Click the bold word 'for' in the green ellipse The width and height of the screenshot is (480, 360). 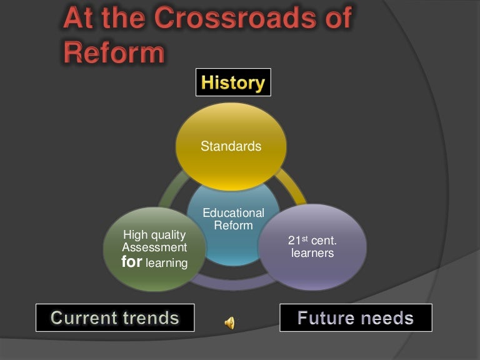tap(131, 262)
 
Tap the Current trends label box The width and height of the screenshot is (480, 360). tap(115, 317)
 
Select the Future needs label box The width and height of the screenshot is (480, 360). tap(356, 317)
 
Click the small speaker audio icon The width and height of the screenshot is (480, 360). tap(230, 322)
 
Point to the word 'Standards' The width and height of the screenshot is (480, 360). tap(231, 146)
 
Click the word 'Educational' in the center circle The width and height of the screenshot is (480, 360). tap(233, 213)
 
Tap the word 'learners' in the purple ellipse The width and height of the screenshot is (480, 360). tap(312, 253)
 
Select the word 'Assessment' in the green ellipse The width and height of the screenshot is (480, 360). tap(154, 247)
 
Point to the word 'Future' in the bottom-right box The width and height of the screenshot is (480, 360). tap(327, 318)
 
